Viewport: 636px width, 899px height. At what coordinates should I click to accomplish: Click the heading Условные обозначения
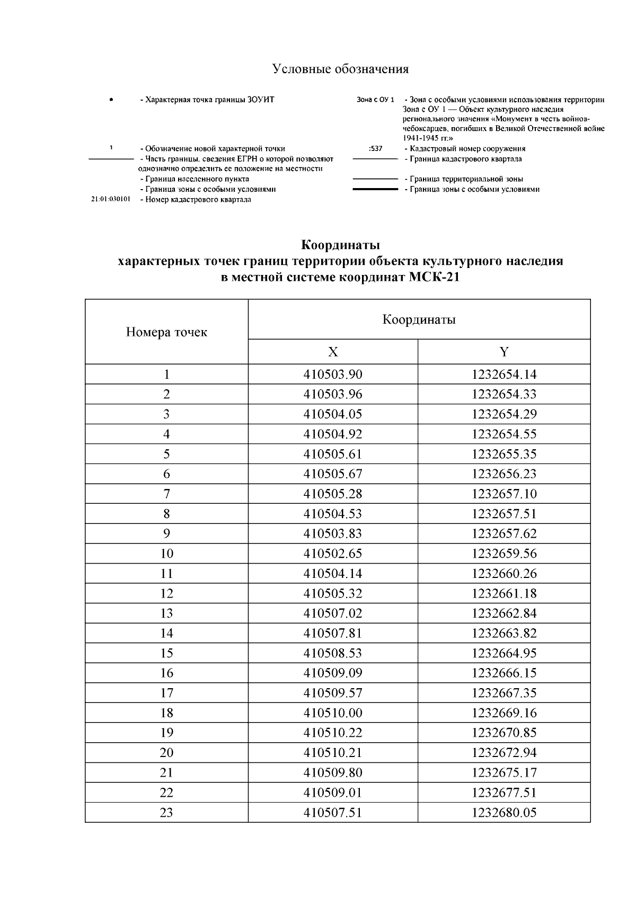[x=340, y=69]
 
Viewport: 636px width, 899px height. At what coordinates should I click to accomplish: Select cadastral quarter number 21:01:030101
[x=111, y=200]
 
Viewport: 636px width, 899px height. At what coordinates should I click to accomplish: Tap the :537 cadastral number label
[x=375, y=149]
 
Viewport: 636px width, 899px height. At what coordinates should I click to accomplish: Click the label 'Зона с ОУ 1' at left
[x=375, y=100]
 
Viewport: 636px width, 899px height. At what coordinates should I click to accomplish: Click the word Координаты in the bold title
[x=340, y=246]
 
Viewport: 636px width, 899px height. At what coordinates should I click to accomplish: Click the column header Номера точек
[x=166, y=332]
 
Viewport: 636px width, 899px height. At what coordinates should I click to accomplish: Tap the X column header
[x=333, y=352]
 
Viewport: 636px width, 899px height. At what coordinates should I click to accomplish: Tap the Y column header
[x=504, y=352]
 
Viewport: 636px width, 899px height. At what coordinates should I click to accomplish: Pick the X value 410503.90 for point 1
[x=333, y=375]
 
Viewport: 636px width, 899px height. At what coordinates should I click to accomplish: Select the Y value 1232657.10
[x=504, y=494]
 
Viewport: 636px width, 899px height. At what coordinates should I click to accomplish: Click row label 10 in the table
[x=166, y=554]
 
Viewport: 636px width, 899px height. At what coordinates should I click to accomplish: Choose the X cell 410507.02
[x=333, y=613]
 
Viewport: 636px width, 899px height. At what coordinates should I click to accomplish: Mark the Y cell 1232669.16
[x=504, y=713]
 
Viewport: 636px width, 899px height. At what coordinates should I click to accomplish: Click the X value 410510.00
[x=333, y=713]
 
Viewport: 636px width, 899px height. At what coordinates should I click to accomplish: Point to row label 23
[x=166, y=813]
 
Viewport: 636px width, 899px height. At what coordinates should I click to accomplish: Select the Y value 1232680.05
[x=504, y=813]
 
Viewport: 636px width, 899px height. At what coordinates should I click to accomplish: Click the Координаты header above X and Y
[x=419, y=320]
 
